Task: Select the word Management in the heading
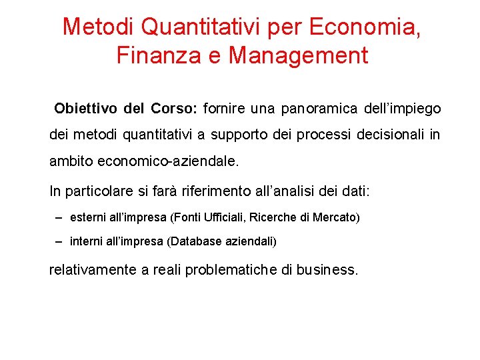[x=298, y=55]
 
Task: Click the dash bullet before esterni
[x=60, y=217]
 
